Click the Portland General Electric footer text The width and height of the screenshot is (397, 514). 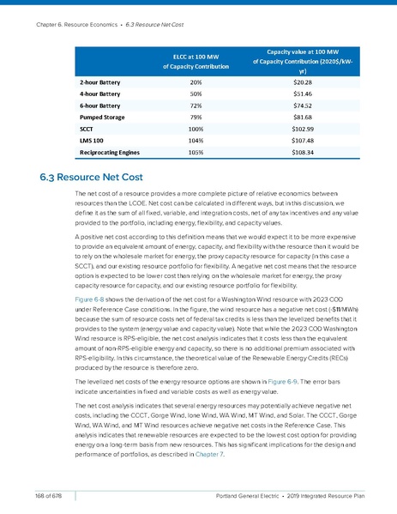coord(257,495)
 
